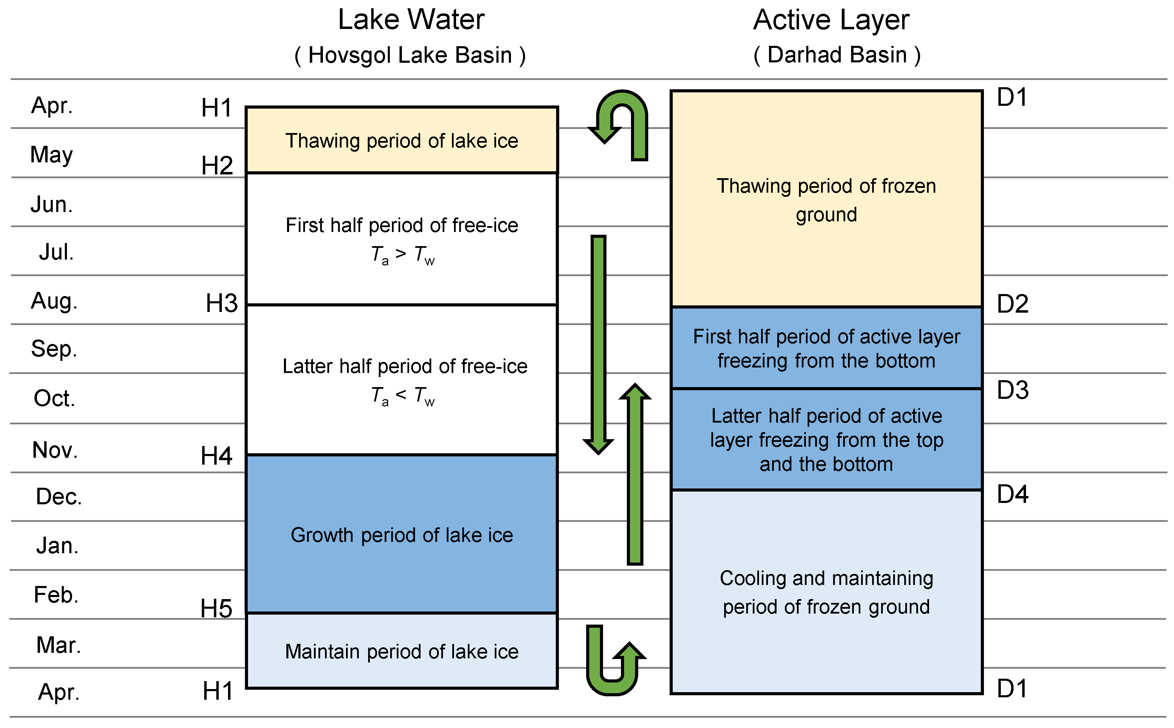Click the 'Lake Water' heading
[411, 20]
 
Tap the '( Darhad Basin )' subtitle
[836, 55]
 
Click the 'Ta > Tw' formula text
[402, 254]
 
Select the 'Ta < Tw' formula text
[402, 396]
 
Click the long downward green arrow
[598, 344]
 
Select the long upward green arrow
[634, 474]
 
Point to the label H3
[221, 303]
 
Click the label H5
[216, 608]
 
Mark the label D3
[1012, 390]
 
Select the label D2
[1012, 304]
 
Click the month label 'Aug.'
[54, 301]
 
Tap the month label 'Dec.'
[59, 496]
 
